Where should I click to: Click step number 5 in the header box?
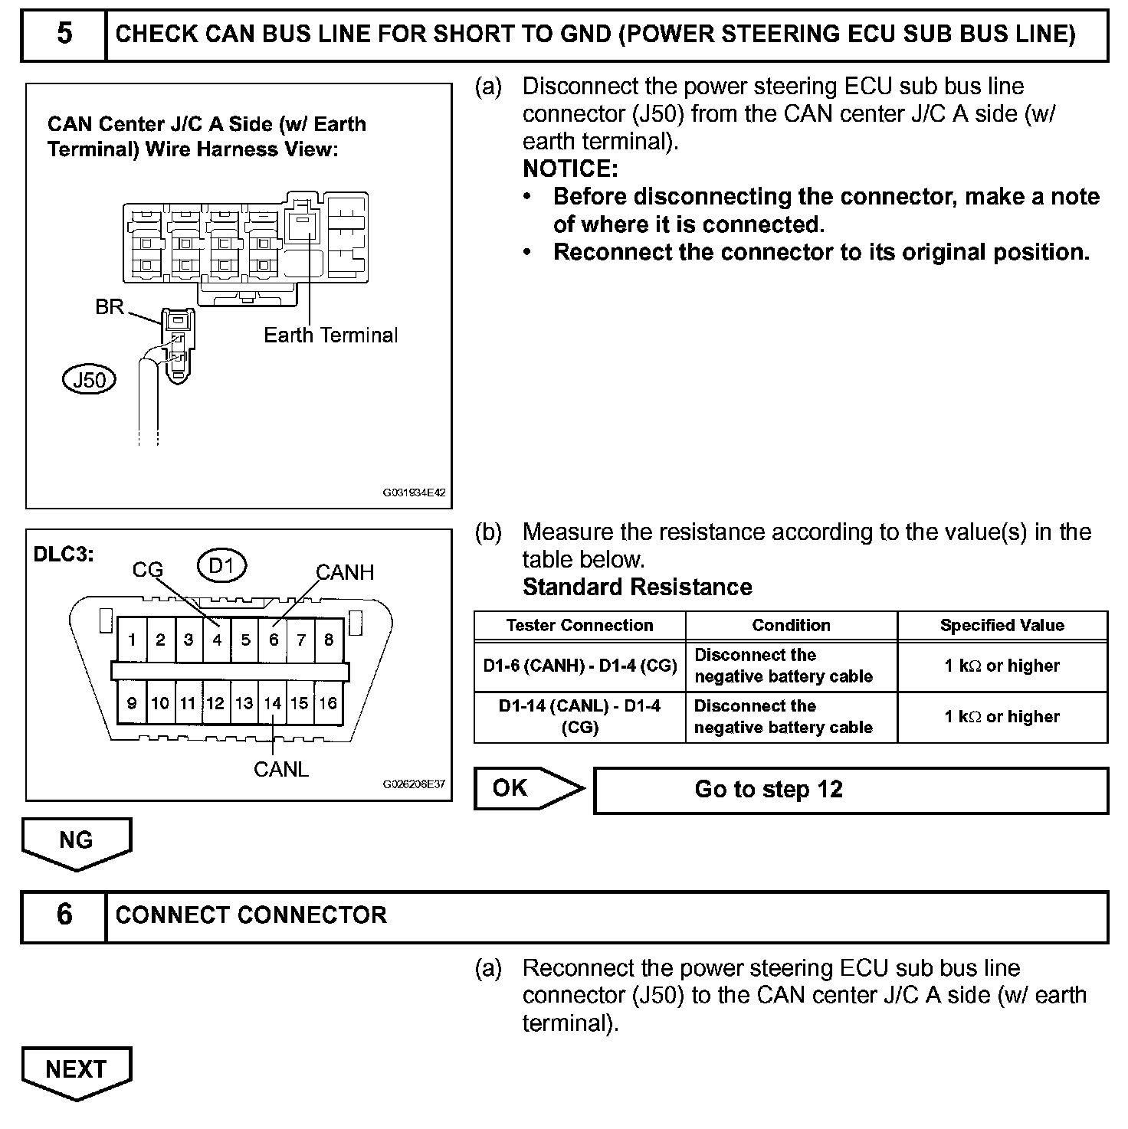pyautogui.click(x=64, y=34)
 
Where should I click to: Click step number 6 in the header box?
pyautogui.click(x=64, y=915)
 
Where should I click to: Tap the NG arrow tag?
pyautogui.click(x=76, y=841)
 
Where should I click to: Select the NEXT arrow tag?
pyautogui.click(x=76, y=1070)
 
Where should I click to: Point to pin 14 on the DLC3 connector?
pyautogui.click(x=272, y=703)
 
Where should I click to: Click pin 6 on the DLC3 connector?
pyautogui.click(x=273, y=640)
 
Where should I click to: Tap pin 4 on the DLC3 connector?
pyautogui.click(x=217, y=640)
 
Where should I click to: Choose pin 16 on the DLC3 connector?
pyautogui.click(x=328, y=703)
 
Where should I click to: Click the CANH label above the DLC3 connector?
pyautogui.click(x=345, y=572)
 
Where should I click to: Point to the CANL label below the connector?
pyautogui.click(x=281, y=769)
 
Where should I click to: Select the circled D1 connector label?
pyautogui.click(x=221, y=566)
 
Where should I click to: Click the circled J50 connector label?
pyautogui.click(x=88, y=379)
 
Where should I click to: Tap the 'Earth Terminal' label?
pyautogui.click(x=330, y=335)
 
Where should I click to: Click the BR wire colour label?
pyautogui.click(x=110, y=306)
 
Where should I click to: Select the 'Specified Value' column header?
pyautogui.click(x=1002, y=625)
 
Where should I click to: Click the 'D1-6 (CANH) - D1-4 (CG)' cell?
pyautogui.click(x=579, y=666)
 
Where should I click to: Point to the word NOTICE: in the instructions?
pyautogui.click(x=570, y=169)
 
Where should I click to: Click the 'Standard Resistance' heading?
pyautogui.click(x=637, y=587)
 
